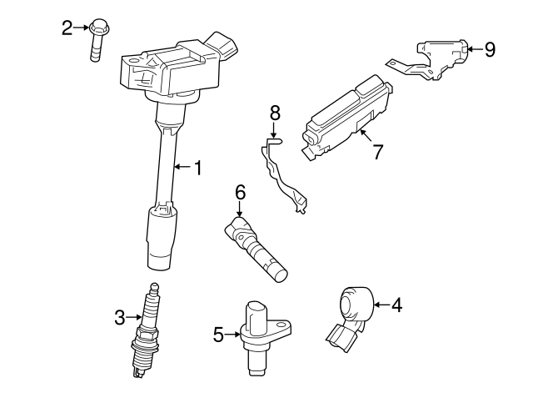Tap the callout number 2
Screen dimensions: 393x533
point(67,28)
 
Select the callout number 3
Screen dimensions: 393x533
point(119,316)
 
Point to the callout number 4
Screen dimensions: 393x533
point(396,305)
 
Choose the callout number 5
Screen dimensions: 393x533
point(218,335)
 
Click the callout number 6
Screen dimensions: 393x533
point(240,193)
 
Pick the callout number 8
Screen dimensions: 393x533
point(276,111)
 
